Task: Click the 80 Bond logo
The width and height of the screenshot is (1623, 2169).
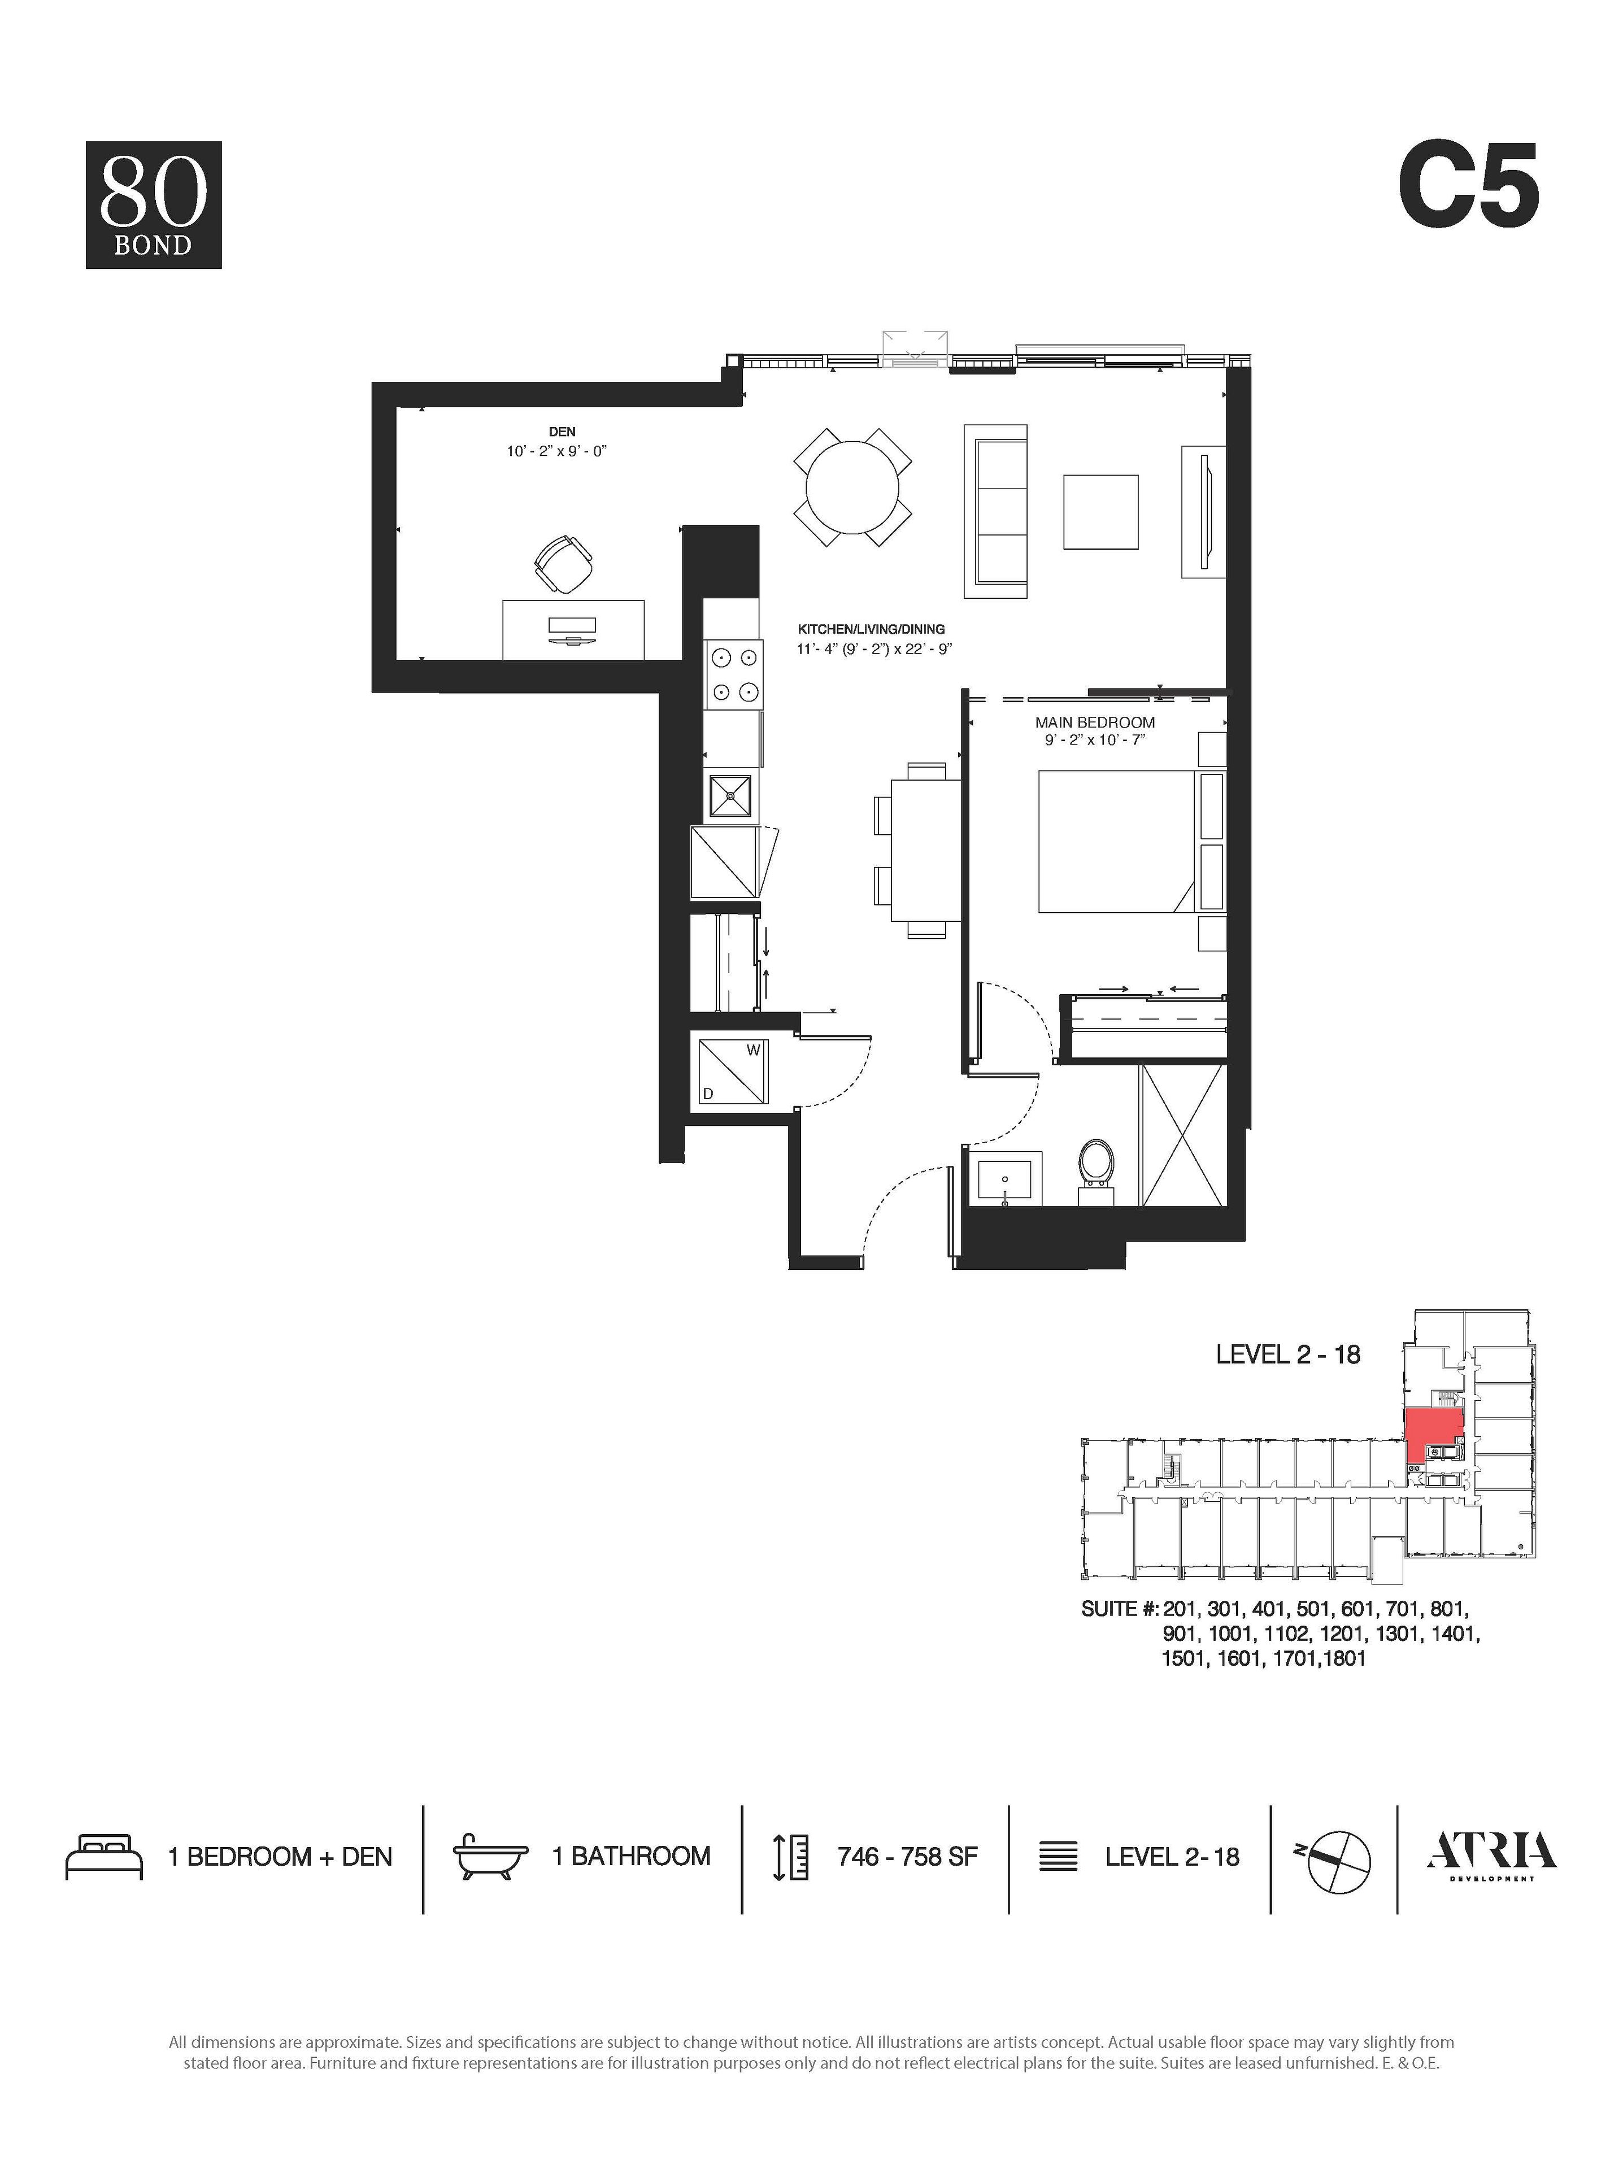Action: point(153,205)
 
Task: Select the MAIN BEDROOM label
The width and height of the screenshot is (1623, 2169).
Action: point(1094,722)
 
